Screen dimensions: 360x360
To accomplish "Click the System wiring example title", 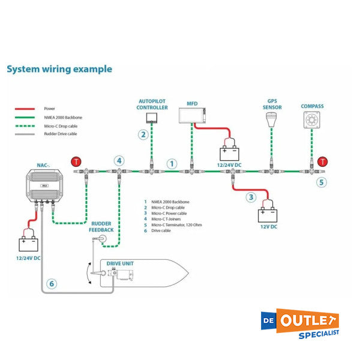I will point(59,68).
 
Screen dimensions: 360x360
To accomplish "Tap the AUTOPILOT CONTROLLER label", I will point(153,104).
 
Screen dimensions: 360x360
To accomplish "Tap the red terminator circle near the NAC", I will point(76,161).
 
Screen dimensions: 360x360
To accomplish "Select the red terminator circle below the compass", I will point(323,161).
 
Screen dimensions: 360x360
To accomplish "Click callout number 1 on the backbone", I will point(172,163).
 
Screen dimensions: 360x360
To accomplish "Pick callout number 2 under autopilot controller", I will point(143,134).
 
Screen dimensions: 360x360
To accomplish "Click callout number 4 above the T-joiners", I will point(119,160).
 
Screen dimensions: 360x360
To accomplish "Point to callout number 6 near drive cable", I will point(52,284).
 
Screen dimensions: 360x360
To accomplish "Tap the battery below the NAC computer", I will point(28,244).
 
